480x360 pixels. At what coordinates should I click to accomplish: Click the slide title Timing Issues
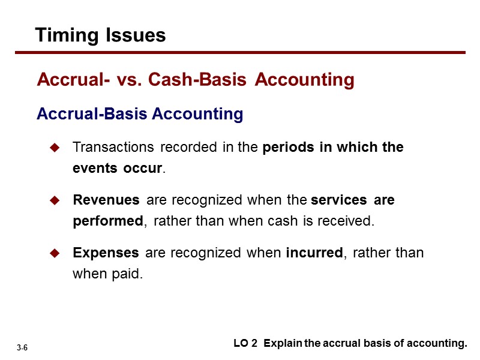(100, 35)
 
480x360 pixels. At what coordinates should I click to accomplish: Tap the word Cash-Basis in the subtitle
(199, 80)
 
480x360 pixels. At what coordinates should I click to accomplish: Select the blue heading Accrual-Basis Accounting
(140, 114)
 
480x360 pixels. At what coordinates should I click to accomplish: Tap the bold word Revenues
(106, 200)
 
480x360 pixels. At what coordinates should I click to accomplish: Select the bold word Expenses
(106, 253)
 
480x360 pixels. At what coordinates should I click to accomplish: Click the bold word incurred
(314, 253)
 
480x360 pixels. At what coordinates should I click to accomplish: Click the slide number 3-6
(23, 348)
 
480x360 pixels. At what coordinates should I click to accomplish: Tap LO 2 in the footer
(245, 344)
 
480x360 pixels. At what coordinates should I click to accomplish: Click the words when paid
(108, 275)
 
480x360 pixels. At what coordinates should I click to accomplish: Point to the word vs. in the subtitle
(130, 80)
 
